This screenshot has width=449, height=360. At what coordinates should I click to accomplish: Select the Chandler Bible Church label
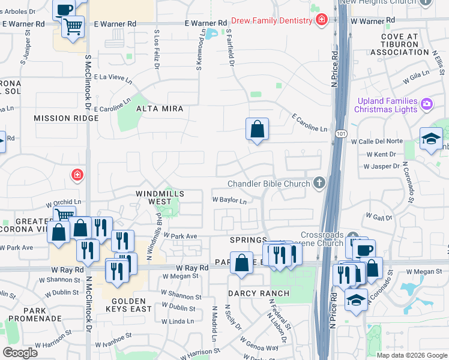tap(268, 184)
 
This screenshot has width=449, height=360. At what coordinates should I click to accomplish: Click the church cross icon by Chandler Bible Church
tap(319, 183)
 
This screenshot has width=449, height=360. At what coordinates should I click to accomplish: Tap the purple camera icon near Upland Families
tap(427, 104)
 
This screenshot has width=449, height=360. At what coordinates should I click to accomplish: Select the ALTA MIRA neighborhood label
tap(159, 109)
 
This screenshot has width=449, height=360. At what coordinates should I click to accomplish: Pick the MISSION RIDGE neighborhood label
tap(66, 118)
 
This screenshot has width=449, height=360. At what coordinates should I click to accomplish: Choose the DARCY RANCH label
tap(259, 293)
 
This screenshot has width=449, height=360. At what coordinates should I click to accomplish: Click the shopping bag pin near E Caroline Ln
tap(257, 129)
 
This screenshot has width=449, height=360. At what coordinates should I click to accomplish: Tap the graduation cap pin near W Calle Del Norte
tap(430, 139)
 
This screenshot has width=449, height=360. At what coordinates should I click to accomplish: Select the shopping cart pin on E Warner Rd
tap(73, 26)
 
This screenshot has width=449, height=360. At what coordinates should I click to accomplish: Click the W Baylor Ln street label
tap(229, 200)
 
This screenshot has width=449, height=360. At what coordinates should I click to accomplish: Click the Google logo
tap(20, 353)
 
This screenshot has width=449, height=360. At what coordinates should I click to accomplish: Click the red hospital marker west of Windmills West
tap(76, 176)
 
